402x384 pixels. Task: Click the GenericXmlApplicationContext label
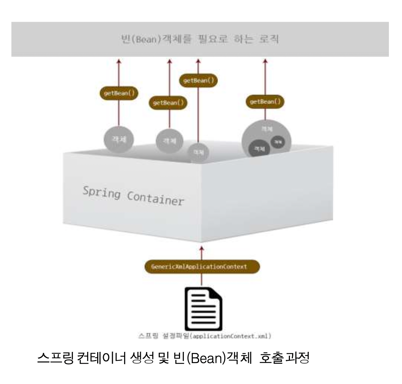coord(202,267)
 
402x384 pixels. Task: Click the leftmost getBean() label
coord(118,93)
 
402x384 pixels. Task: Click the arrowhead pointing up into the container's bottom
coord(202,248)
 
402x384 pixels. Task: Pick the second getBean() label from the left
coord(168,103)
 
